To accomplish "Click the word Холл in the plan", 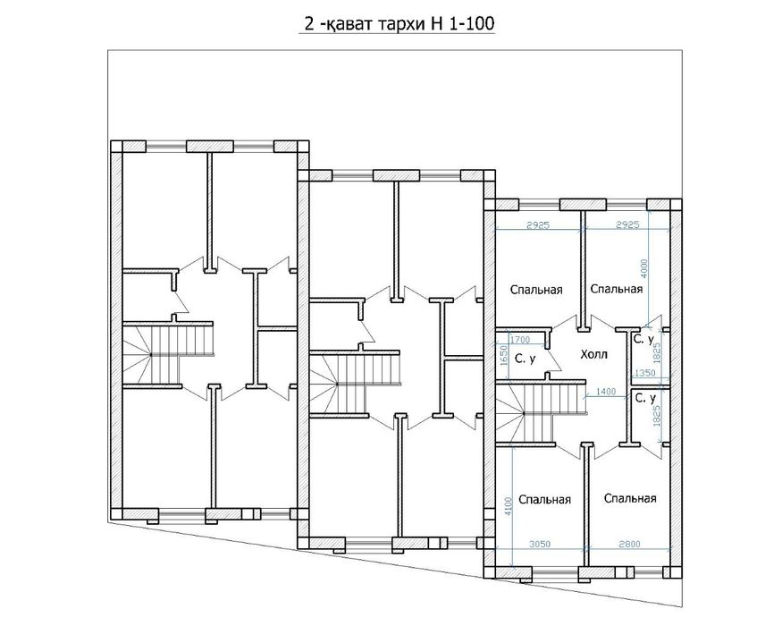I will (x=593, y=354).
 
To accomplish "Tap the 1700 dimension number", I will (x=521, y=339).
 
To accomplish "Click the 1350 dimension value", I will (x=644, y=372).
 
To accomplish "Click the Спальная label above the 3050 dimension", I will (x=544, y=500).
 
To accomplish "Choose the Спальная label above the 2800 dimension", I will (x=629, y=498).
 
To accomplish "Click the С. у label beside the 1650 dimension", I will (x=526, y=360).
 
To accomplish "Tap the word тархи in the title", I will (x=389, y=26).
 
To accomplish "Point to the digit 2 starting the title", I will (x=309, y=26).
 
